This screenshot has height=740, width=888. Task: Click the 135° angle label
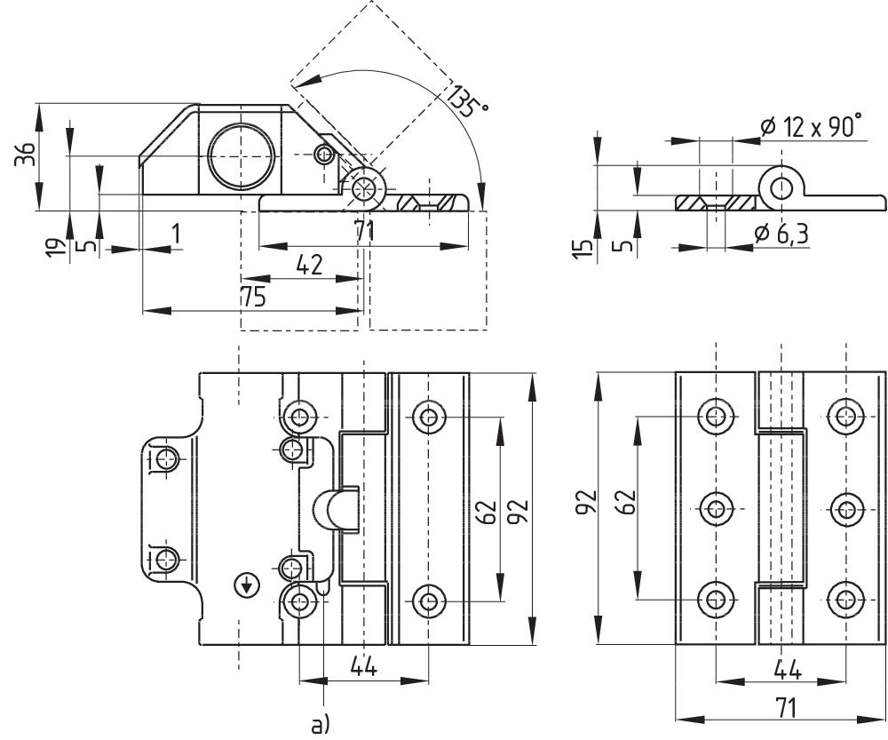[468, 102]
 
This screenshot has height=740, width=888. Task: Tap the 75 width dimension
[253, 298]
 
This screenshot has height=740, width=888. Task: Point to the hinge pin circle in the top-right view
[781, 187]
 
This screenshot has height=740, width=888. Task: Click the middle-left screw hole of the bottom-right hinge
[716, 509]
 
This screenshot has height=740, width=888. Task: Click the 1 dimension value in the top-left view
[175, 234]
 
